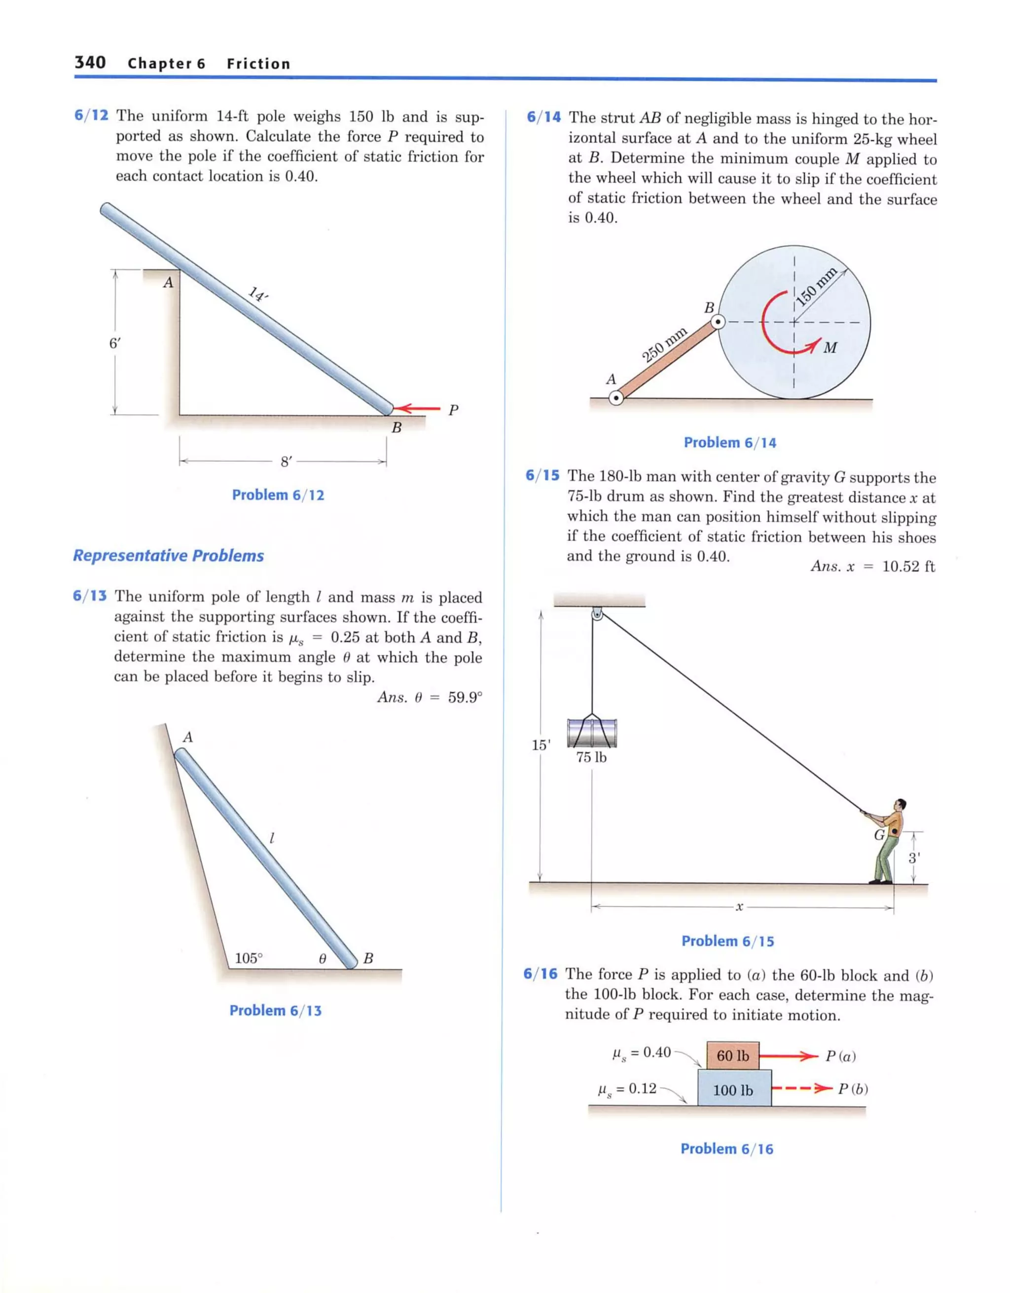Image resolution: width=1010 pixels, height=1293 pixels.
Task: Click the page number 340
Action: pos(90,62)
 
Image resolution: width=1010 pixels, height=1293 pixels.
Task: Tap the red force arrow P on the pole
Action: pos(418,408)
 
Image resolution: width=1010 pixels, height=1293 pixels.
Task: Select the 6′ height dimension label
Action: pos(114,344)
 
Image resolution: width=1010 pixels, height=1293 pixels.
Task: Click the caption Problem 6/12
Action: pos(278,495)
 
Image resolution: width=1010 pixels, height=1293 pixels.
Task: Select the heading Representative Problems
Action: pos(168,556)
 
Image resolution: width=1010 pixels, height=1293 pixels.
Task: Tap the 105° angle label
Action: pos(248,958)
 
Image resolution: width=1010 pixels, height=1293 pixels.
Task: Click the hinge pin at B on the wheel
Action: pos(718,322)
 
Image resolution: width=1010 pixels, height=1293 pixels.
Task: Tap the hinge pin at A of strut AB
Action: pos(616,398)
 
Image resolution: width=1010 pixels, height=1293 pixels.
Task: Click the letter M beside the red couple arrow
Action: pos(830,348)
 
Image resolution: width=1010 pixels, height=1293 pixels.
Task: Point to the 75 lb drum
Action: pos(592,733)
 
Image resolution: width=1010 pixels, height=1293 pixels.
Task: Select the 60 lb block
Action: pos(733,1055)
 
